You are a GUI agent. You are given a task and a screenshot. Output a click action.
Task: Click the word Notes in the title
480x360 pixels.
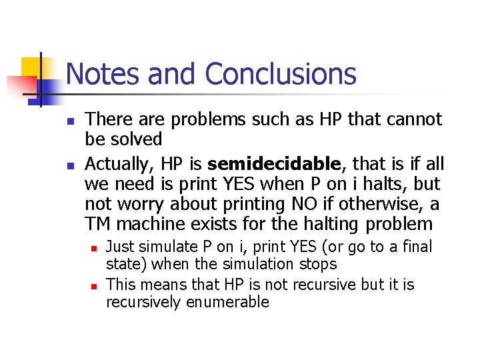tap(103, 74)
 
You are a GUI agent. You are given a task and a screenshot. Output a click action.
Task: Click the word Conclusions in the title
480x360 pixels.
tap(281, 74)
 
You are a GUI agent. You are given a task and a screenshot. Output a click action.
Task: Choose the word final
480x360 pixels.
tap(417, 247)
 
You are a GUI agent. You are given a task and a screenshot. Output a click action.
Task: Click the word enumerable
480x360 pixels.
tap(228, 302)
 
